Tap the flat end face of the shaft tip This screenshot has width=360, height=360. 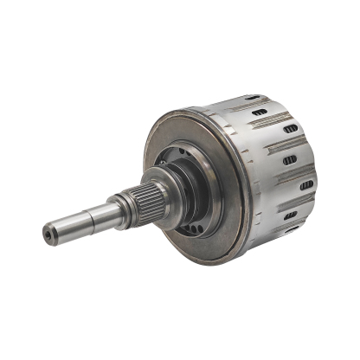click(44, 234)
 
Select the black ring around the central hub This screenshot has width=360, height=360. click(177, 173)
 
